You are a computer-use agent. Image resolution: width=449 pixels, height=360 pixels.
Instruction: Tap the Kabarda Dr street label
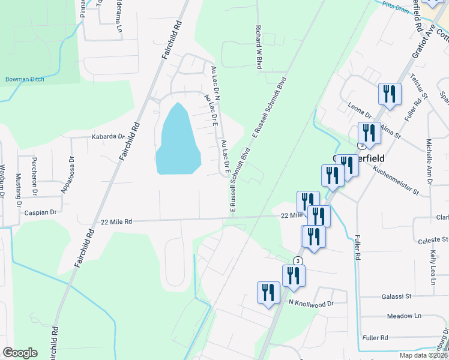pyautogui.click(x=107, y=137)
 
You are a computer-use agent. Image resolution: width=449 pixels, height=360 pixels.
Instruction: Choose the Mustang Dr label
pyautogui.click(x=17, y=185)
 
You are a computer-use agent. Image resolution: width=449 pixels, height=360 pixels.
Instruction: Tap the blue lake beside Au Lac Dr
pyautogui.click(x=177, y=141)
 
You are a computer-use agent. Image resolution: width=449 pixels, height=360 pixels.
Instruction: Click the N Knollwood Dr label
pyautogui.click(x=310, y=304)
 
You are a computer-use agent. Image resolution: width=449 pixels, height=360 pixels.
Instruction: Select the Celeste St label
pyautogui.click(x=432, y=240)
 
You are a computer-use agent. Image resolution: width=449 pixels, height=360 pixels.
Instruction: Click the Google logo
pyautogui.click(x=20, y=353)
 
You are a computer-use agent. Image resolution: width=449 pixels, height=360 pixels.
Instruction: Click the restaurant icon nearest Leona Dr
pyautogui.click(x=390, y=94)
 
